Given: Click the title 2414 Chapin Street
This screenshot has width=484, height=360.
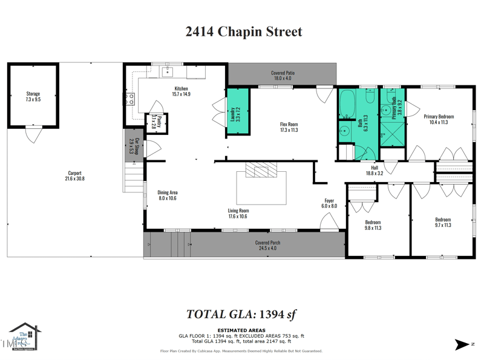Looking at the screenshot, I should [243, 32].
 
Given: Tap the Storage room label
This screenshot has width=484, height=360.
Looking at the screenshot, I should [33, 96].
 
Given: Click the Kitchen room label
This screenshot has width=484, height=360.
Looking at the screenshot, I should [181, 91].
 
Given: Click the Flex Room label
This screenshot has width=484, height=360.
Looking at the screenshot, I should [289, 127].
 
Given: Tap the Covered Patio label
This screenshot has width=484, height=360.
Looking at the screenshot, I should [282, 76].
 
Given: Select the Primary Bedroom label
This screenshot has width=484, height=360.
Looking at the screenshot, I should [439, 119].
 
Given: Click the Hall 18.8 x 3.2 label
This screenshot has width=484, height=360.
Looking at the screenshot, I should [374, 171].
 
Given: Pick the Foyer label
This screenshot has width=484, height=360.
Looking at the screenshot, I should [329, 203].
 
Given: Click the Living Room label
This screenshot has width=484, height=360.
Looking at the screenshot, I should [238, 214].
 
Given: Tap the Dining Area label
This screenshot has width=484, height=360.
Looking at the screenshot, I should [168, 195].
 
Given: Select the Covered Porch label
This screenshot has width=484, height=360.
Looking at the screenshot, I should [267, 245].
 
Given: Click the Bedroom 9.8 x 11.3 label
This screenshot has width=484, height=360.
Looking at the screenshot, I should [373, 225].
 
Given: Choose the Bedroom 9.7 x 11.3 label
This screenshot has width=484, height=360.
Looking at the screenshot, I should [443, 222].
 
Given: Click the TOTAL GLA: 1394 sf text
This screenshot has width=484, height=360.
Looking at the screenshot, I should [241, 314].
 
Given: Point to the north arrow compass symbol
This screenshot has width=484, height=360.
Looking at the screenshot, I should [462, 345].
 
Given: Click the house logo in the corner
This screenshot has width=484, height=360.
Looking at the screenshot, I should [24, 336].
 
